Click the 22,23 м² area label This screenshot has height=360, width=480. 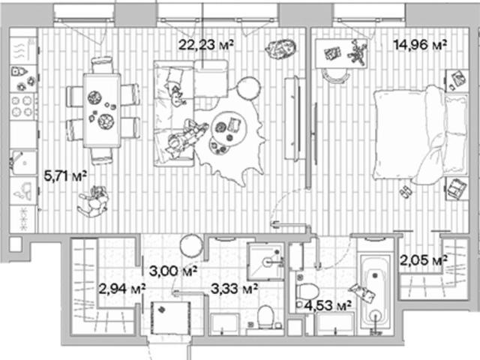(x=206, y=45)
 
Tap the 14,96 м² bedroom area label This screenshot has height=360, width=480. (x=420, y=45)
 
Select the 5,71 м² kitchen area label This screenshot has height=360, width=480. (x=65, y=176)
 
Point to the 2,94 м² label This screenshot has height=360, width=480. (x=121, y=289)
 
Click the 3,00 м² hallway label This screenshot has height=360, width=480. (x=173, y=271)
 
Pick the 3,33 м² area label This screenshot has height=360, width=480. (x=234, y=289)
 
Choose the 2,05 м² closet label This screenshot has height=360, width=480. (x=424, y=260)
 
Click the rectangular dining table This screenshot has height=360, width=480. (x=102, y=110)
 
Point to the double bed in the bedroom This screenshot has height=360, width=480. (x=420, y=135)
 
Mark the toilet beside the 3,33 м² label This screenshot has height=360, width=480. (x=265, y=316)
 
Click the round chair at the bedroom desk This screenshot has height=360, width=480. (x=335, y=76)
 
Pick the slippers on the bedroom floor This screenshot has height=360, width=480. (x=406, y=192)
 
